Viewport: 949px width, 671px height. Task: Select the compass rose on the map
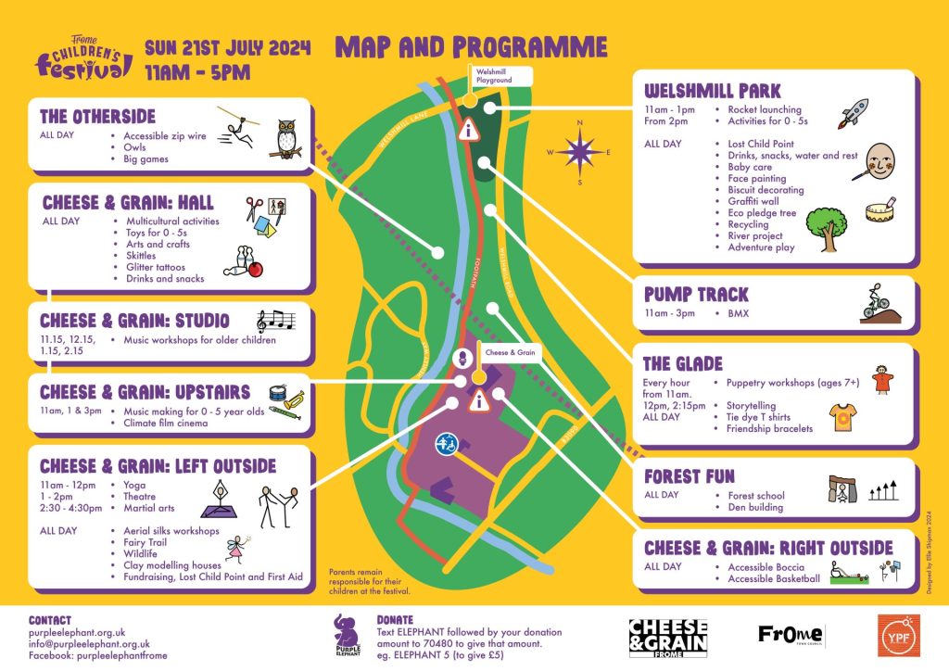pyautogui.click(x=580, y=150)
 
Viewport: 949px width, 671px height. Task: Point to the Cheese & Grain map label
pyautogui.click(x=511, y=352)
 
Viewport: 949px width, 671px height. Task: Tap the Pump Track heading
pyautogui.click(x=696, y=294)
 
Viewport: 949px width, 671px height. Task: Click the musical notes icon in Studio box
pyautogui.click(x=275, y=321)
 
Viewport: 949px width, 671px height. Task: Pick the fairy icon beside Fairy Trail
pyautogui.click(x=238, y=547)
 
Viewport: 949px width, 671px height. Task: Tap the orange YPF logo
pyautogui.click(x=898, y=635)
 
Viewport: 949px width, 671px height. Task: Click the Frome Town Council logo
pyautogui.click(x=791, y=635)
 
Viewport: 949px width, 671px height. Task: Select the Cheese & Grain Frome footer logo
pyautogui.click(x=667, y=637)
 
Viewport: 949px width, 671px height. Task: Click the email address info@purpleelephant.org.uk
pyautogui.click(x=89, y=643)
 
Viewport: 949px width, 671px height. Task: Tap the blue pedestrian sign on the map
pyautogui.click(x=447, y=444)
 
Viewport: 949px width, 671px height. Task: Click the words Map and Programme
pyautogui.click(x=471, y=47)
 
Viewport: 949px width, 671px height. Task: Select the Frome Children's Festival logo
pyautogui.click(x=83, y=58)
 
